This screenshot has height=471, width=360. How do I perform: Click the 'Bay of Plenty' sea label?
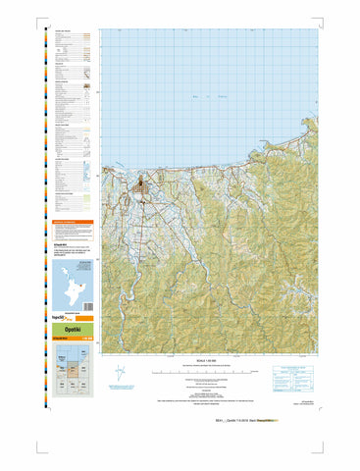point(209,96)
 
